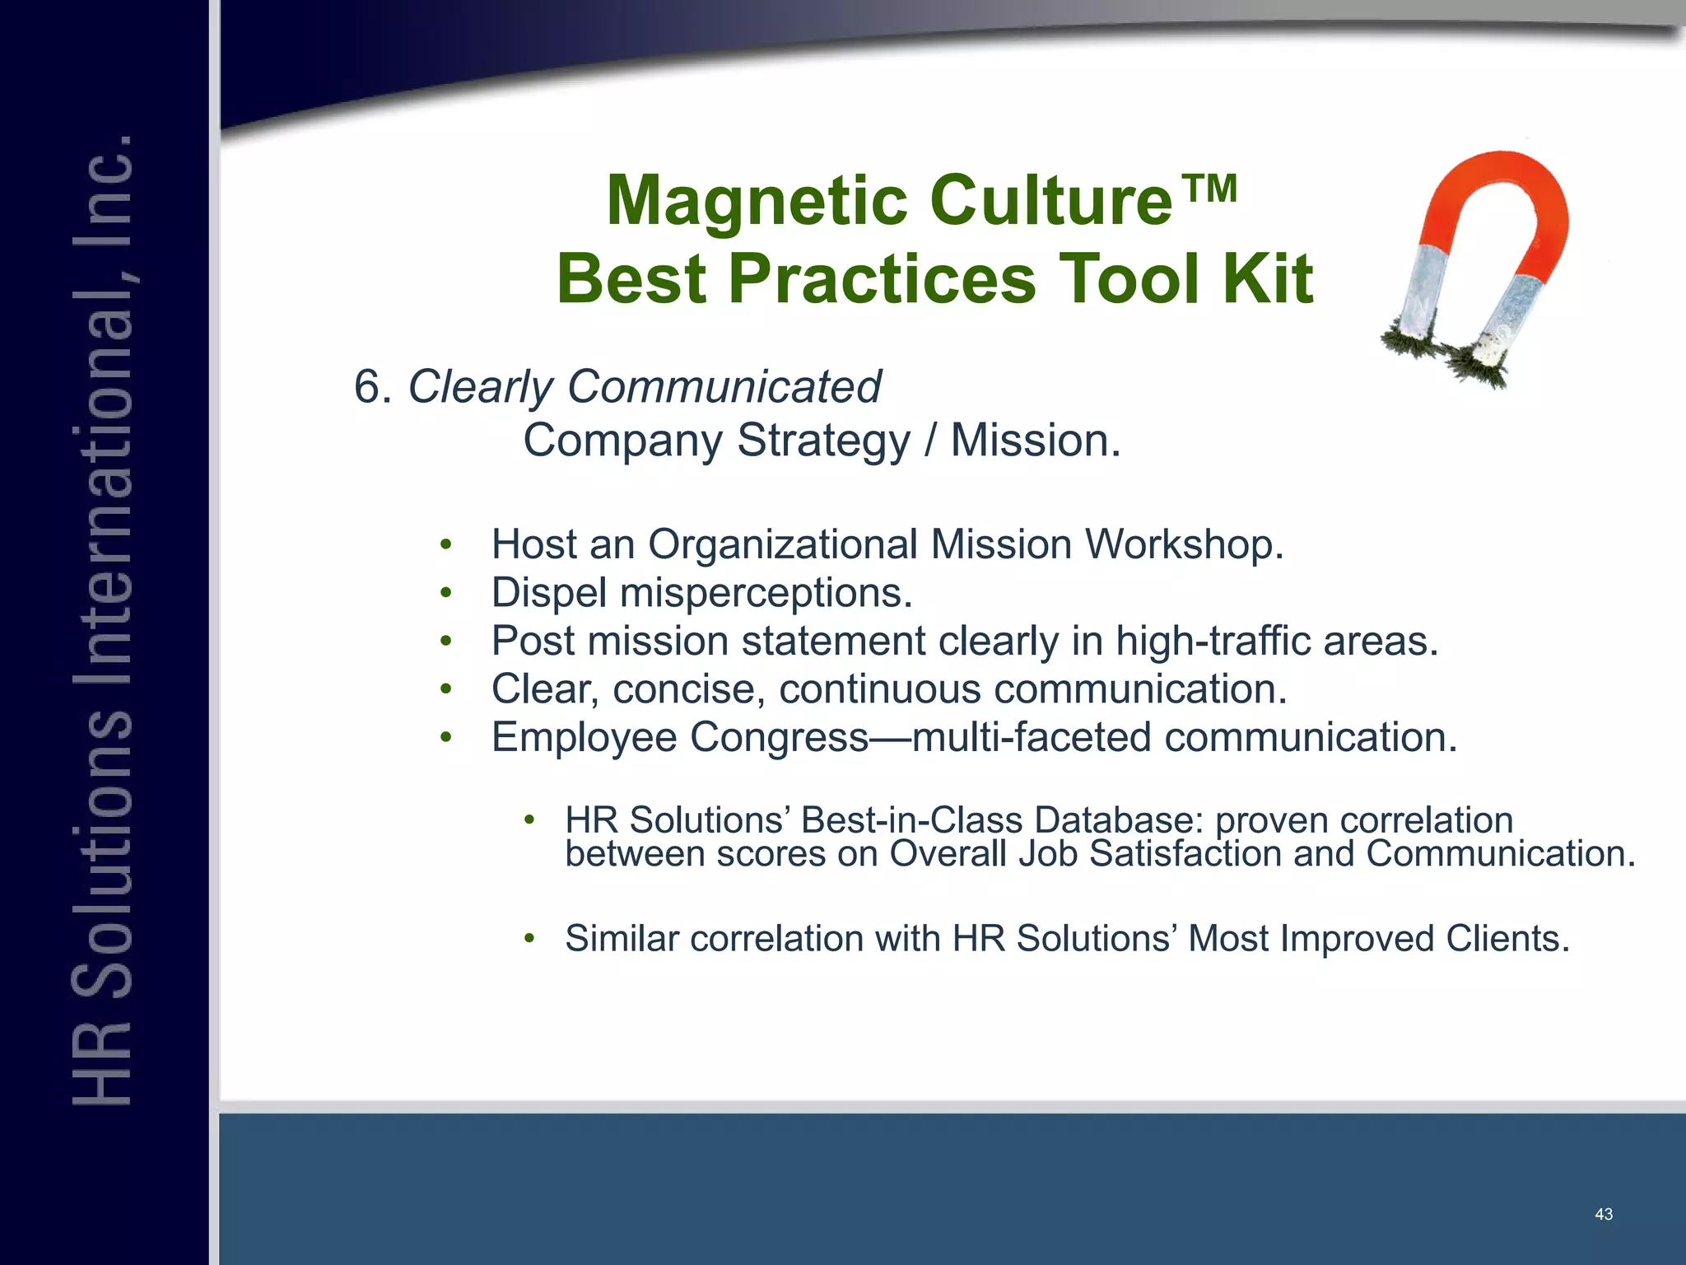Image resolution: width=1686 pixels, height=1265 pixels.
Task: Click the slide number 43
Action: pyautogui.click(x=1603, y=1215)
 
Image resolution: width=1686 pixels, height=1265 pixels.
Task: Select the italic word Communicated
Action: pyautogui.click(x=724, y=386)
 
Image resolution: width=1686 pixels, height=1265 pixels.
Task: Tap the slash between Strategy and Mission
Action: pyautogui.click(x=929, y=441)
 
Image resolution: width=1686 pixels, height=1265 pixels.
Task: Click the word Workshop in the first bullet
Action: pyautogui.click(x=1183, y=544)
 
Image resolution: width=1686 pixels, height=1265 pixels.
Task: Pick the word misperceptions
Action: pyautogui.click(x=766, y=593)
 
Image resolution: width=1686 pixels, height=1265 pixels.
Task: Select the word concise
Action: pyautogui.click(x=688, y=689)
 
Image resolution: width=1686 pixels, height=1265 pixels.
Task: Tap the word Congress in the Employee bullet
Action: pyautogui.click(x=779, y=737)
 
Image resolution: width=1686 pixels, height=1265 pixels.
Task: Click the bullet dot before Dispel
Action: pyautogui.click(x=445, y=593)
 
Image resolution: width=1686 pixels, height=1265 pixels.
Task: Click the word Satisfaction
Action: pyautogui.click(x=1185, y=854)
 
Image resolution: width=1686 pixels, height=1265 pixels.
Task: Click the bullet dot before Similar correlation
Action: pyautogui.click(x=529, y=938)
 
